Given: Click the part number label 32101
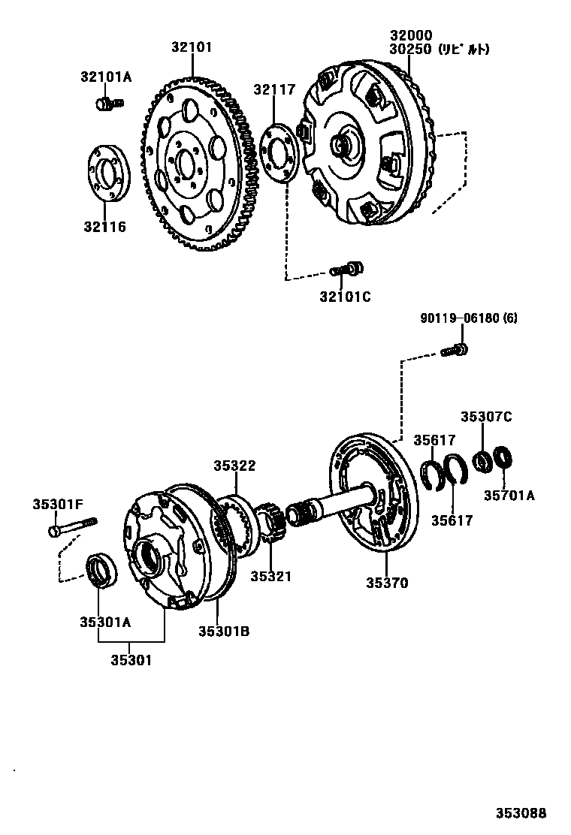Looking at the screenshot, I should (x=192, y=47).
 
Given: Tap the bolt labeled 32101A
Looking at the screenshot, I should (x=107, y=103).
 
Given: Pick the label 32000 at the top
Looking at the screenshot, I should (x=411, y=35).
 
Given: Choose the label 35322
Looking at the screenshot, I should (x=234, y=466).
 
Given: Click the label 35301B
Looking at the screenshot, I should (x=224, y=632).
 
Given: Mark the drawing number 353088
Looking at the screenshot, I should (x=520, y=813).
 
